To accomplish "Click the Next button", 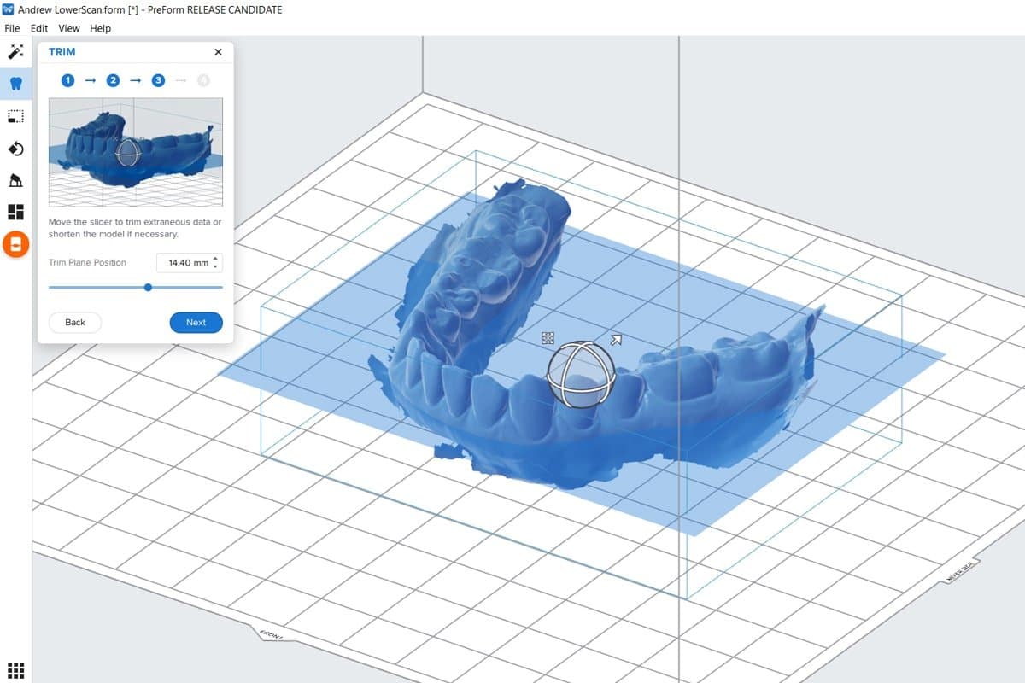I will pos(196,323).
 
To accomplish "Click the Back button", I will pos(75,323).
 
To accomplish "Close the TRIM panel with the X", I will pos(218,52).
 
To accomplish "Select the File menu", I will pos(12,28).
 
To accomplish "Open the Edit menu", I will pos(39,28).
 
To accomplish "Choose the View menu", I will pos(69,28).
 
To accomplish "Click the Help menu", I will pos(100,28).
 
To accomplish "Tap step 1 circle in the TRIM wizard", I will pos(67,80).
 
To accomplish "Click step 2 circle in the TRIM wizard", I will pos(113,80).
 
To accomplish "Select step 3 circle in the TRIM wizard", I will pos(158,80).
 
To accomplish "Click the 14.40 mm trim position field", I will pos(187,263).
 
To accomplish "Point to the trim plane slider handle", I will pos(148,288).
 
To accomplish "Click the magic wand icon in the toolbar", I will pos(15,52).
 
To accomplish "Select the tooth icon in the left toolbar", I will pos(15,84).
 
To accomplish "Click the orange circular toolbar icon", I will pos(15,244).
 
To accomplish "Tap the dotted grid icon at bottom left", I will pos(15,669).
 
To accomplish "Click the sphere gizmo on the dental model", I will pos(581,374).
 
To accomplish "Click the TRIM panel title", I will pos(62,52).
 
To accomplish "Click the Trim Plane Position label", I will pos(87,263).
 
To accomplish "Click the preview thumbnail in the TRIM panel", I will pos(136,152).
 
